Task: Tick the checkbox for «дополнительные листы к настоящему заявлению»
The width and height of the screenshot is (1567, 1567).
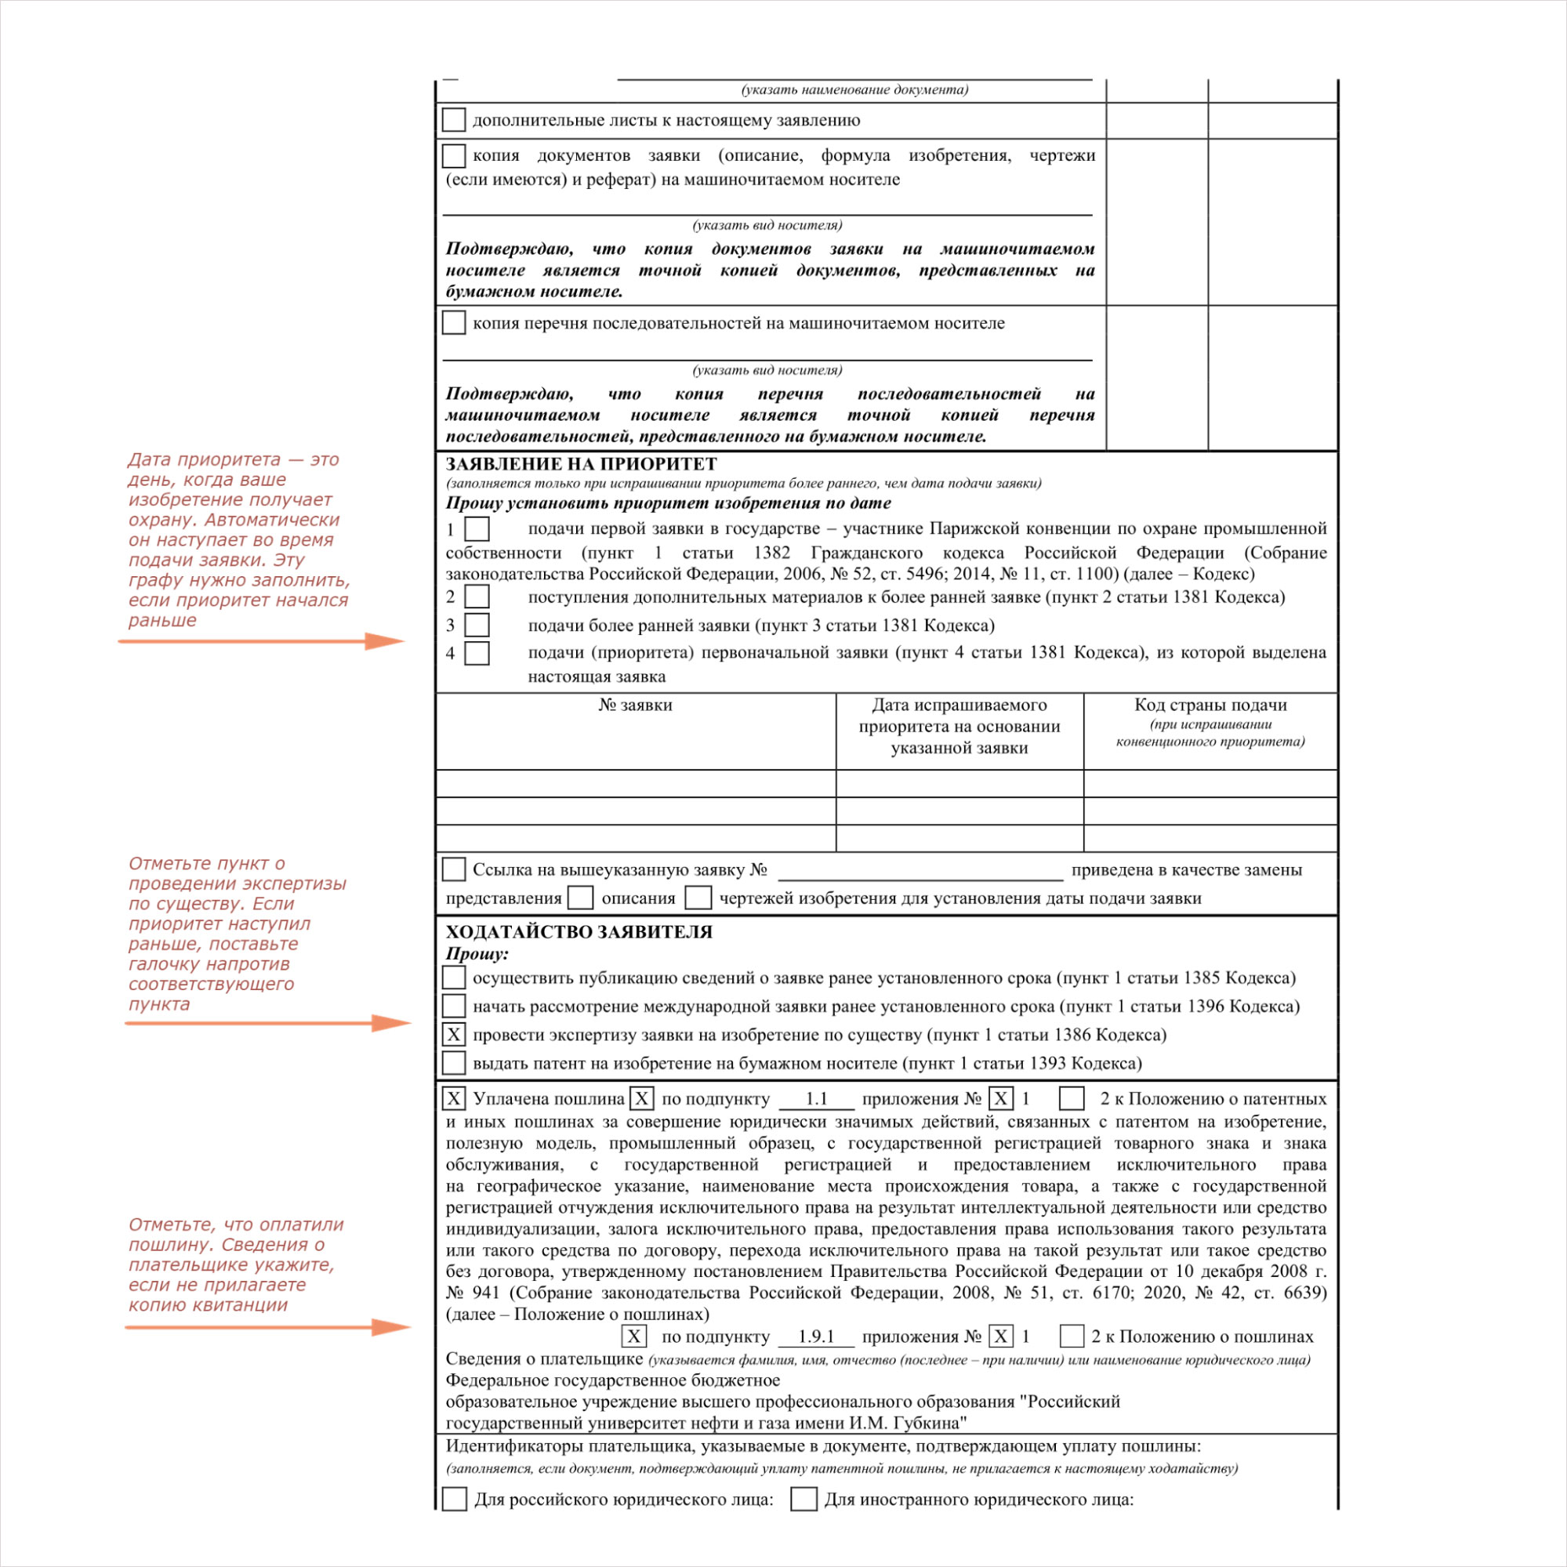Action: (x=453, y=120)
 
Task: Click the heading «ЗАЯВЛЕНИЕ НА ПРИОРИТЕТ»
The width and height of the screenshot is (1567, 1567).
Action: (x=581, y=464)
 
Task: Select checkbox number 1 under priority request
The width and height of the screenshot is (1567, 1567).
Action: (x=477, y=529)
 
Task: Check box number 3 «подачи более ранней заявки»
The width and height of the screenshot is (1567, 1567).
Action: (x=477, y=626)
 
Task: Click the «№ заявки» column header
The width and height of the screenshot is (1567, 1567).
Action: (x=635, y=705)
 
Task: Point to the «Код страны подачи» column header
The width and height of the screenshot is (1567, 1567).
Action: (x=1210, y=705)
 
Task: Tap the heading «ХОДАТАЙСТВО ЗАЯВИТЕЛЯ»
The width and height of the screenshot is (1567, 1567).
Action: (x=579, y=932)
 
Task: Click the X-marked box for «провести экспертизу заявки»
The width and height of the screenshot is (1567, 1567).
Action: (x=453, y=1035)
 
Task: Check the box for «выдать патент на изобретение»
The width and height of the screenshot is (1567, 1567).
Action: (x=453, y=1063)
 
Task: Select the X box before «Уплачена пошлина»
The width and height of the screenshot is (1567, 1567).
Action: (x=453, y=1099)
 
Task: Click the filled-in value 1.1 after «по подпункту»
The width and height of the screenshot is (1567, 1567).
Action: (x=817, y=1099)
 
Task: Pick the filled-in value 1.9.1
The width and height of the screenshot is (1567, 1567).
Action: (x=817, y=1337)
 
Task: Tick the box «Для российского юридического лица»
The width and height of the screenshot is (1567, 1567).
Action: (x=454, y=1499)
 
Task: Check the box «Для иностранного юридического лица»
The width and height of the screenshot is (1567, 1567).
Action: (x=803, y=1499)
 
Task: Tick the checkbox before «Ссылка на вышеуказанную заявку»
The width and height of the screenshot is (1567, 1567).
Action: (x=453, y=869)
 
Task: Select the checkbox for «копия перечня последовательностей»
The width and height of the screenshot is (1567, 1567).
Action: (x=453, y=323)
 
